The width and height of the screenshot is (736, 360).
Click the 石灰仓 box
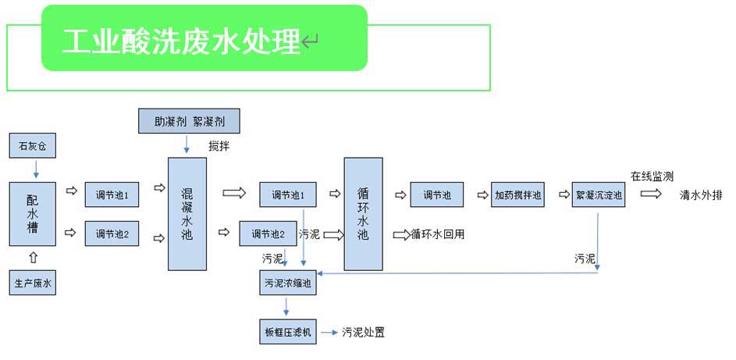(x=33, y=146)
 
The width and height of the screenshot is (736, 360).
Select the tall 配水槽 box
(x=33, y=213)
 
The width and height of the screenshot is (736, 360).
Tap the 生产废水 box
(x=33, y=283)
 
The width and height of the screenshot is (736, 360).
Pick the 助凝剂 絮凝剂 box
(x=188, y=121)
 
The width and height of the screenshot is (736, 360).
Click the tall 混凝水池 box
(x=187, y=213)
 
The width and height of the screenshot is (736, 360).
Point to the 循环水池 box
(x=363, y=213)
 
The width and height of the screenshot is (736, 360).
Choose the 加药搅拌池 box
(x=518, y=194)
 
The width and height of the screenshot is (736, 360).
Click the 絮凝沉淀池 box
(x=598, y=194)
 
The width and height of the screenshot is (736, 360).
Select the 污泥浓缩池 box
(x=287, y=284)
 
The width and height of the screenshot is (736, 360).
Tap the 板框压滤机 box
(x=287, y=333)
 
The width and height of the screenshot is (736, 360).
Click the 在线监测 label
(x=652, y=176)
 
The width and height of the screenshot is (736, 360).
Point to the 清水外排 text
(x=702, y=194)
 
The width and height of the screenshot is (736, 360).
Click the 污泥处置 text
(x=363, y=333)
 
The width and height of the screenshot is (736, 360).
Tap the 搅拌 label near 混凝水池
(x=219, y=146)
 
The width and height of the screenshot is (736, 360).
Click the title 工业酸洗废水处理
(x=181, y=41)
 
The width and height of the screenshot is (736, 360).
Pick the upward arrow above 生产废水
(x=33, y=258)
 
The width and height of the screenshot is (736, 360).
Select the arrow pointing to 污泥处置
(x=328, y=332)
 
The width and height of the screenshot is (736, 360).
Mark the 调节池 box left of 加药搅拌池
(x=436, y=194)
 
